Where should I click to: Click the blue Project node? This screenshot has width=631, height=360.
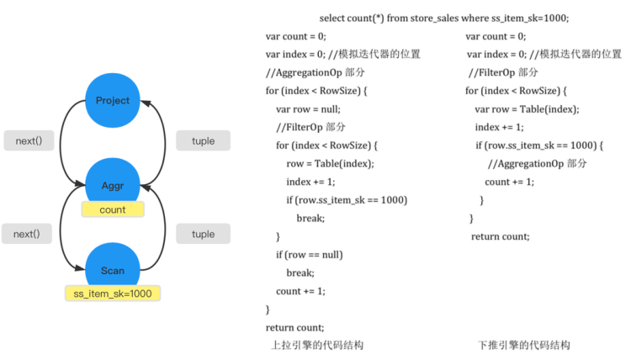click(x=113, y=100)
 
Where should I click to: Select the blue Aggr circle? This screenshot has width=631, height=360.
click(x=113, y=184)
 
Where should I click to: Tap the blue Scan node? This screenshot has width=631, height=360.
click(x=113, y=269)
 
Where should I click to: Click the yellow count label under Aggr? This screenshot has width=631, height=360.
click(x=113, y=209)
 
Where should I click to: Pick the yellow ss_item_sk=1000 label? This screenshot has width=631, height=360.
click(x=113, y=293)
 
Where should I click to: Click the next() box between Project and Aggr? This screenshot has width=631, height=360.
click(x=28, y=140)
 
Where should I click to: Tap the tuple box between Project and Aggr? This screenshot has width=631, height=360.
click(x=203, y=140)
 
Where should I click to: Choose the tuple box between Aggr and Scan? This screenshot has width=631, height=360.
click(x=203, y=234)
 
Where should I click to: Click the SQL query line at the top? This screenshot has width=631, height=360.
click(x=443, y=18)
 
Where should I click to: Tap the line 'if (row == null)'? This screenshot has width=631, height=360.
click(x=310, y=254)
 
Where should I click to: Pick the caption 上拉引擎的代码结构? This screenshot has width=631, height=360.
click(x=317, y=346)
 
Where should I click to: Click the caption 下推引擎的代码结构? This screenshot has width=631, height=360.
click(x=523, y=346)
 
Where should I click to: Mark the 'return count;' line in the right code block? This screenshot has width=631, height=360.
click(x=501, y=236)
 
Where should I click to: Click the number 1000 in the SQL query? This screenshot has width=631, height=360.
click(x=554, y=18)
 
